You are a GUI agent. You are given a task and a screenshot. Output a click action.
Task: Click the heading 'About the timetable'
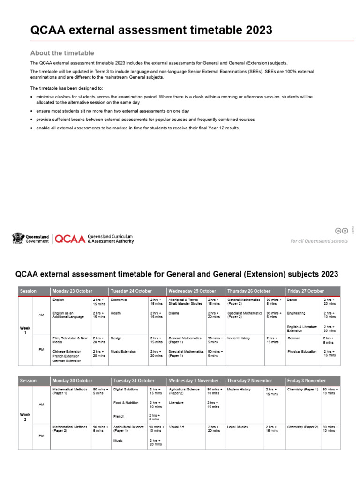coord(62,53)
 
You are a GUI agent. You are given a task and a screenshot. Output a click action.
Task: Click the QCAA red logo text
coord(70,239)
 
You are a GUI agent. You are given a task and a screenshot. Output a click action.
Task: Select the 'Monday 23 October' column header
coord(73,291)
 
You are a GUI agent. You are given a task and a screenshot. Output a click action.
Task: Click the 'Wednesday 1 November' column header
coord(194,381)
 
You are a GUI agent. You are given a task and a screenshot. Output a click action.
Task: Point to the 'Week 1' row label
coord(25,330)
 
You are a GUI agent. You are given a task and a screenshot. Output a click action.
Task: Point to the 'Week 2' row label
coord(25,417)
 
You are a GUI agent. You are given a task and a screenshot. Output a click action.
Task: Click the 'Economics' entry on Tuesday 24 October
coord(119,300)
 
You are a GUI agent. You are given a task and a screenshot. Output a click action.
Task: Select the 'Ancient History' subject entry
coord(239,338)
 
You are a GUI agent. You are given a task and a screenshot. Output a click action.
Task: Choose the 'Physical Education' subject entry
coord(302,351)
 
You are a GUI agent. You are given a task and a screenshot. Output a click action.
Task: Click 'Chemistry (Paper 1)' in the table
coord(302,390)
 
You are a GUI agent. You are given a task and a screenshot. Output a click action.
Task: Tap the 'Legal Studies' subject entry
coord(237,427)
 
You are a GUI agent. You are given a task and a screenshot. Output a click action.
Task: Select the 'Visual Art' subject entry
coord(177,427)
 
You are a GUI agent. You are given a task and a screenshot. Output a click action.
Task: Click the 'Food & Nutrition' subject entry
coord(125,403)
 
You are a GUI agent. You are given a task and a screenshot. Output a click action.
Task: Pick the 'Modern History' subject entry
coord(239,390)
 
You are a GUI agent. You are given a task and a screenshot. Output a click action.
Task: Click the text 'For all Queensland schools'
coord(319,241)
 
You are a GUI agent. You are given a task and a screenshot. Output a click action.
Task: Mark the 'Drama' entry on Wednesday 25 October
coord(173,313)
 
